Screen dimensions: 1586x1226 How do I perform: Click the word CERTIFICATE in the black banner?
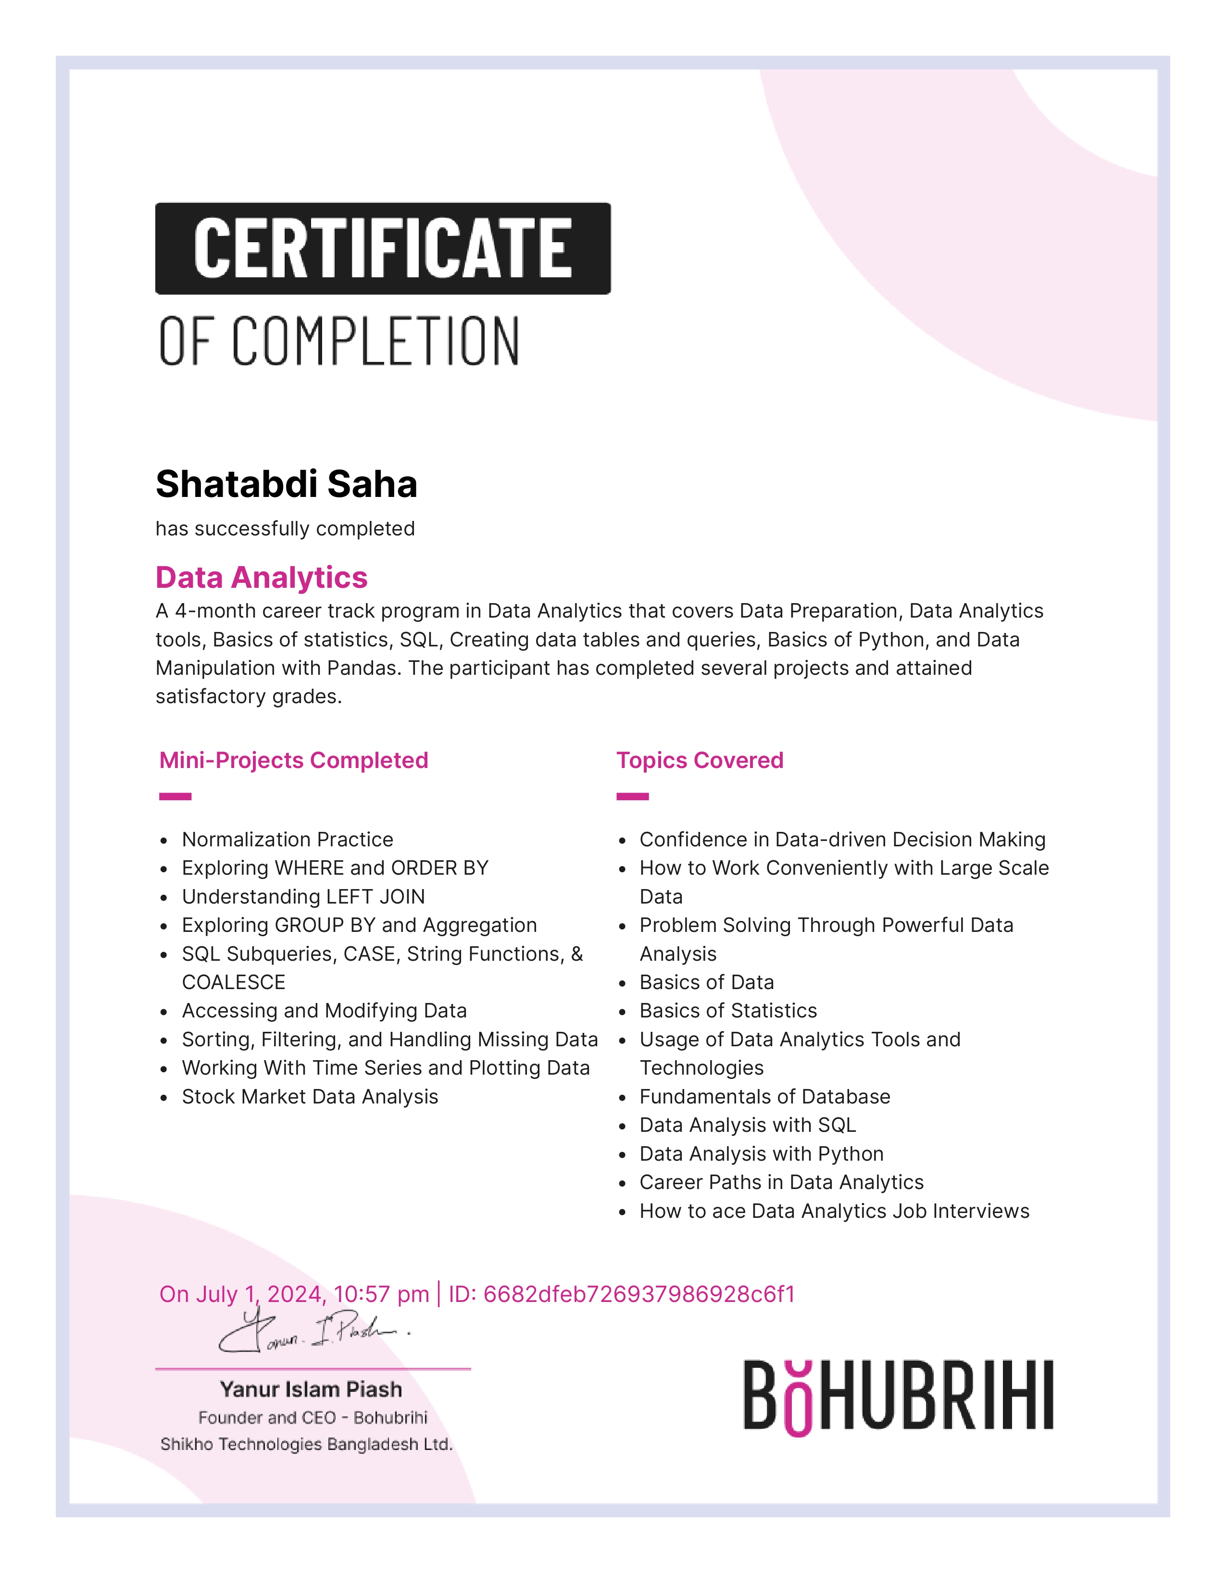pyautogui.click(x=383, y=248)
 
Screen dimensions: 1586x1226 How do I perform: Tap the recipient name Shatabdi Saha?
pyautogui.click(x=286, y=484)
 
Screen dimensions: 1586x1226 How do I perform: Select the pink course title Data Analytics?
pyautogui.click(x=262, y=577)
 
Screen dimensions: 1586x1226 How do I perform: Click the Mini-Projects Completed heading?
pyautogui.click(x=293, y=760)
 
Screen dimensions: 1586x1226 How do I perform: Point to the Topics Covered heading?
pyautogui.click(x=700, y=760)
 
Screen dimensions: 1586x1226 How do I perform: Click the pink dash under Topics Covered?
pyautogui.click(x=632, y=797)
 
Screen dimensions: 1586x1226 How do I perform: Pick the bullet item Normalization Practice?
pyautogui.click(x=287, y=840)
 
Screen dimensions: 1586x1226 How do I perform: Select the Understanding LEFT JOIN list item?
pyautogui.click(x=303, y=897)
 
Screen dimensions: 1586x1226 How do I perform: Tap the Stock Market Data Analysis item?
pyautogui.click(x=310, y=1097)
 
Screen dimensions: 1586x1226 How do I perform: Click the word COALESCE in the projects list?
pyautogui.click(x=233, y=982)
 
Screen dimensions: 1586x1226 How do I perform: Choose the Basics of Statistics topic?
pyautogui.click(x=728, y=1011)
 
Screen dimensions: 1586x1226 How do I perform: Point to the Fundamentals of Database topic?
pyautogui.click(x=764, y=1097)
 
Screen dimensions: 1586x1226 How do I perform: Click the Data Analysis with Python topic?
pyautogui.click(x=761, y=1154)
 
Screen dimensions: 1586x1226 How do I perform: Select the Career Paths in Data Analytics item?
pyautogui.click(x=781, y=1182)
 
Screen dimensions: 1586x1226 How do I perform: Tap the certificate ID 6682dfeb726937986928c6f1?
pyautogui.click(x=639, y=1294)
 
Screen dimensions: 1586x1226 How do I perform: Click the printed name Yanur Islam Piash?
pyautogui.click(x=311, y=1389)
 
